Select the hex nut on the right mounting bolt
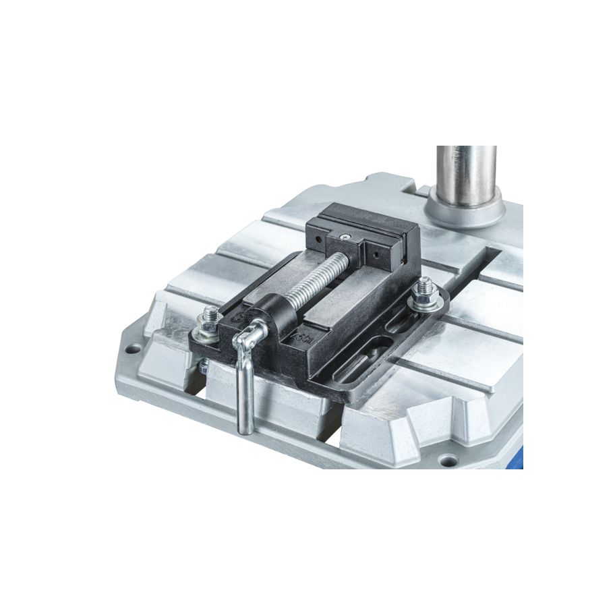428,289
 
